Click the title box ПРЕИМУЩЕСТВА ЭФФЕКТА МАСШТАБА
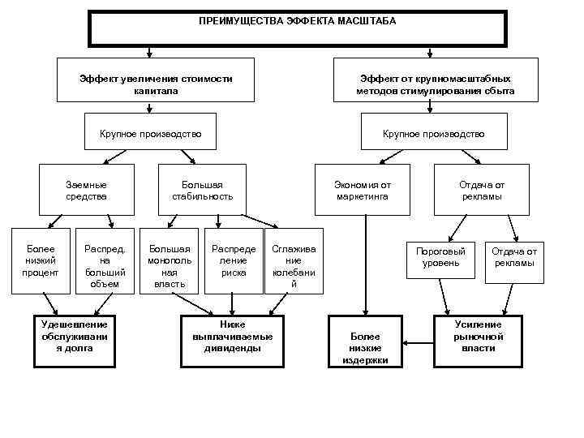297,28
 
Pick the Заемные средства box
86,190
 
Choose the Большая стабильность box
203,190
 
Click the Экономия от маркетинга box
362,190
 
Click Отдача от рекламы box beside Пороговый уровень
513,257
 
